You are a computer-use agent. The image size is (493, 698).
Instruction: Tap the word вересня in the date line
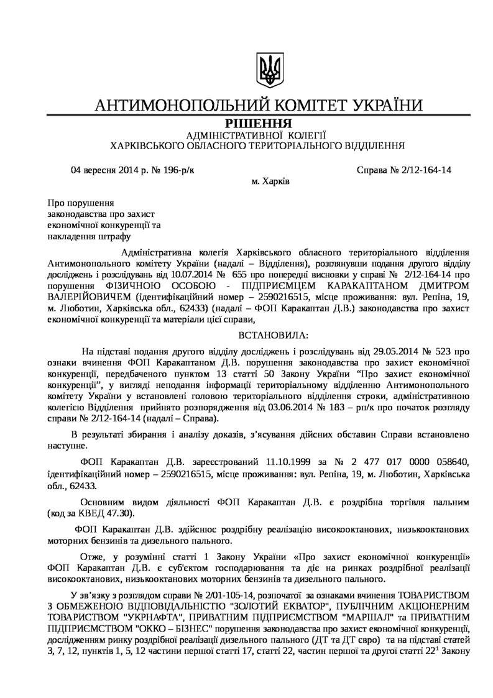(100, 169)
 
